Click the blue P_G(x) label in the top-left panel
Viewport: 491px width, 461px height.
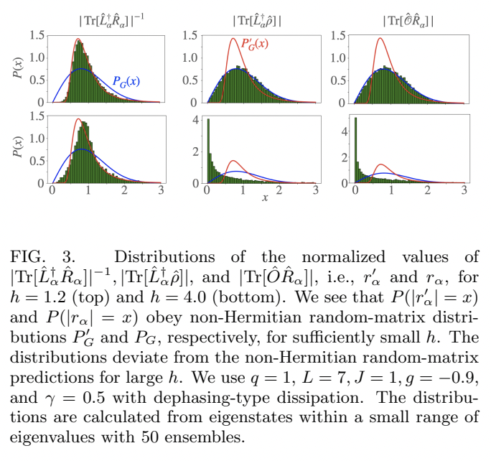pyautogui.click(x=126, y=82)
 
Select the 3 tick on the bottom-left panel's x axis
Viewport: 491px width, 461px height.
pyautogui.click(x=162, y=191)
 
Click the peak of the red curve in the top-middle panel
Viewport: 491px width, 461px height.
pyautogui.click(x=233, y=39)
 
